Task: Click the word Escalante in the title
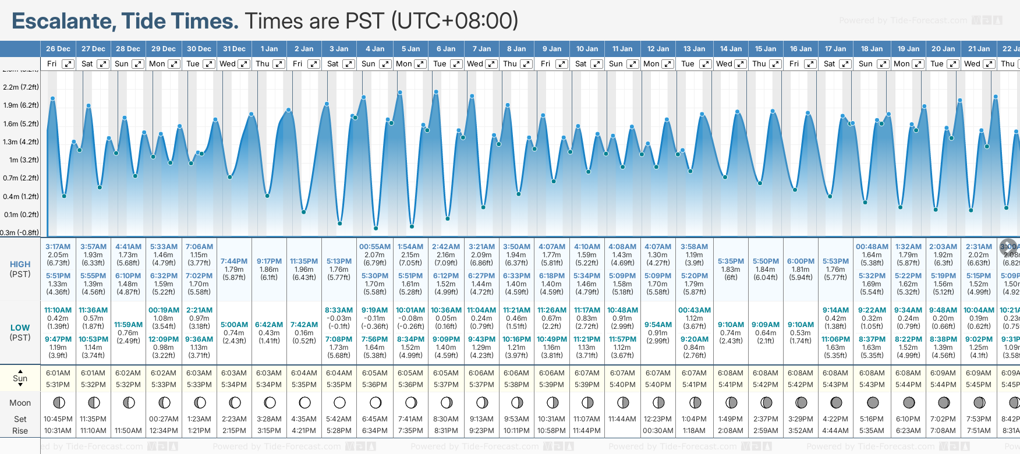(x=63, y=22)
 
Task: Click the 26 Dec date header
(x=58, y=49)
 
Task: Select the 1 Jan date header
(x=269, y=49)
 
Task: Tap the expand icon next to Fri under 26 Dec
(x=68, y=64)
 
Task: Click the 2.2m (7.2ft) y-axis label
(x=21, y=87)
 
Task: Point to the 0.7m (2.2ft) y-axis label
(x=21, y=178)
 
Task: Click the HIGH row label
(x=20, y=264)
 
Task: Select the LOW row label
(x=20, y=328)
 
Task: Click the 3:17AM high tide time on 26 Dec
(x=58, y=247)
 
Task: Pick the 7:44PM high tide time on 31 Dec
(x=234, y=261)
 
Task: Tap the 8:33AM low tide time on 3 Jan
(x=339, y=310)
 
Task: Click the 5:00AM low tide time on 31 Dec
(x=234, y=325)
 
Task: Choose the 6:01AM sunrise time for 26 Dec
(x=58, y=373)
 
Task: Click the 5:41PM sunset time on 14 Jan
(x=730, y=385)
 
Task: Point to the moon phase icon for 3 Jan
(x=339, y=402)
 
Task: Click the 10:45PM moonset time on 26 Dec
(x=58, y=419)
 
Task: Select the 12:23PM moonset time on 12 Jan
(x=658, y=419)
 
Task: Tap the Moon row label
(x=20, y=403)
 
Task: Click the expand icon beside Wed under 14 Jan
(x=741, y=64)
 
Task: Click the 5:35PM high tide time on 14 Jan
(x=731, y=261)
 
